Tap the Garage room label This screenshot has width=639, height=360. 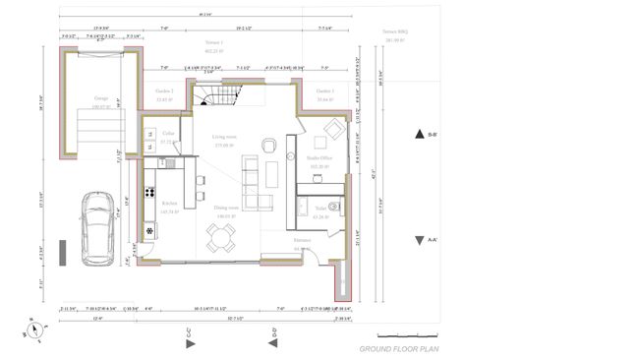(101, 98)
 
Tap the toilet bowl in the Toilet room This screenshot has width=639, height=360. (334, 208)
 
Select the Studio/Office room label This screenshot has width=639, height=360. (319, 157)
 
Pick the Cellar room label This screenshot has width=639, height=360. (168, 133)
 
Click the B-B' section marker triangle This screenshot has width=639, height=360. (419, 135)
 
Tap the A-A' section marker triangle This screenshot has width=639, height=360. (419, 239)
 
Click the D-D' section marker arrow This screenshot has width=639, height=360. (274, 342)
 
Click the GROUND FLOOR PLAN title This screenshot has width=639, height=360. (397, 348)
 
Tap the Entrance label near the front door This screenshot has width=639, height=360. (302, 239)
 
